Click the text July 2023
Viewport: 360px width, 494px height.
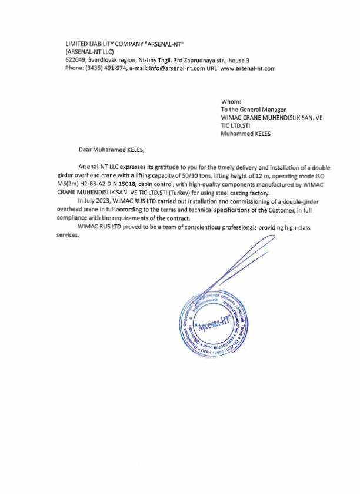tap(94, 201)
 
